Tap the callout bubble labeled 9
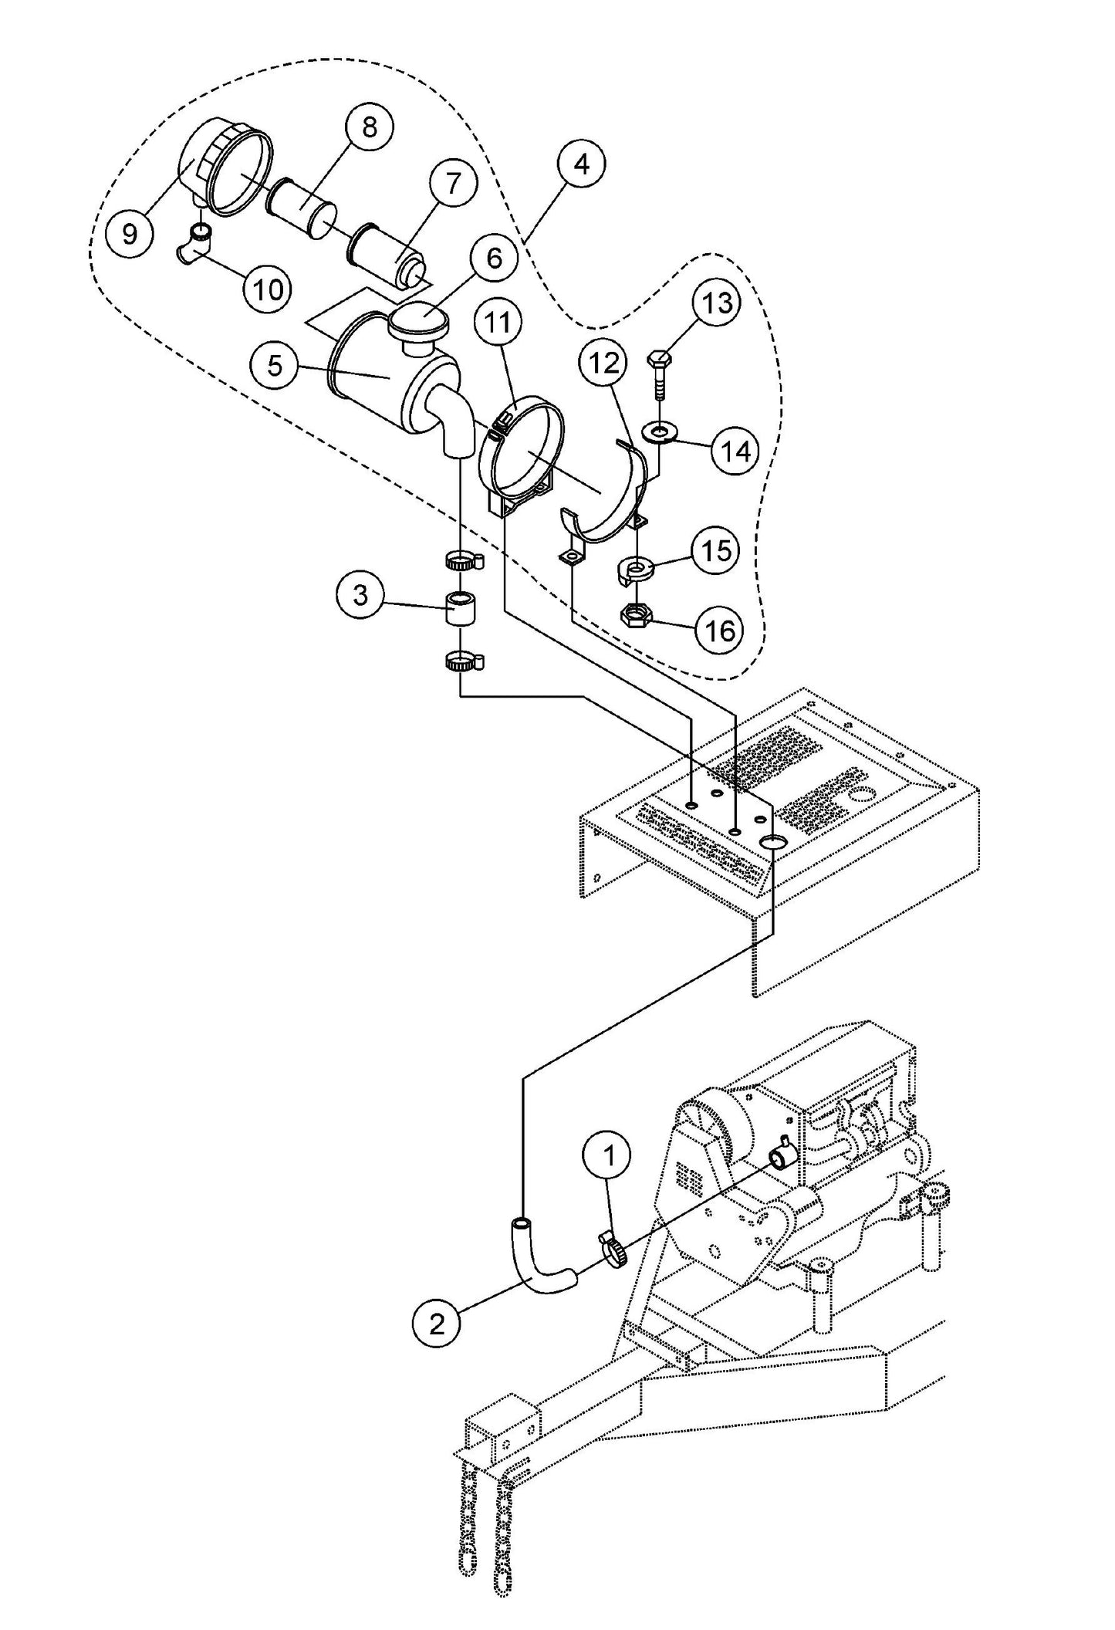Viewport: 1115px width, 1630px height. click(130, 232)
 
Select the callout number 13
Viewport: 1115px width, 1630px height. click(717, 304)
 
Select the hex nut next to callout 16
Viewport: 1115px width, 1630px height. click(637, 614)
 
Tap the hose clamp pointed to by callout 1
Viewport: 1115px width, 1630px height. click(613, 1250)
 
